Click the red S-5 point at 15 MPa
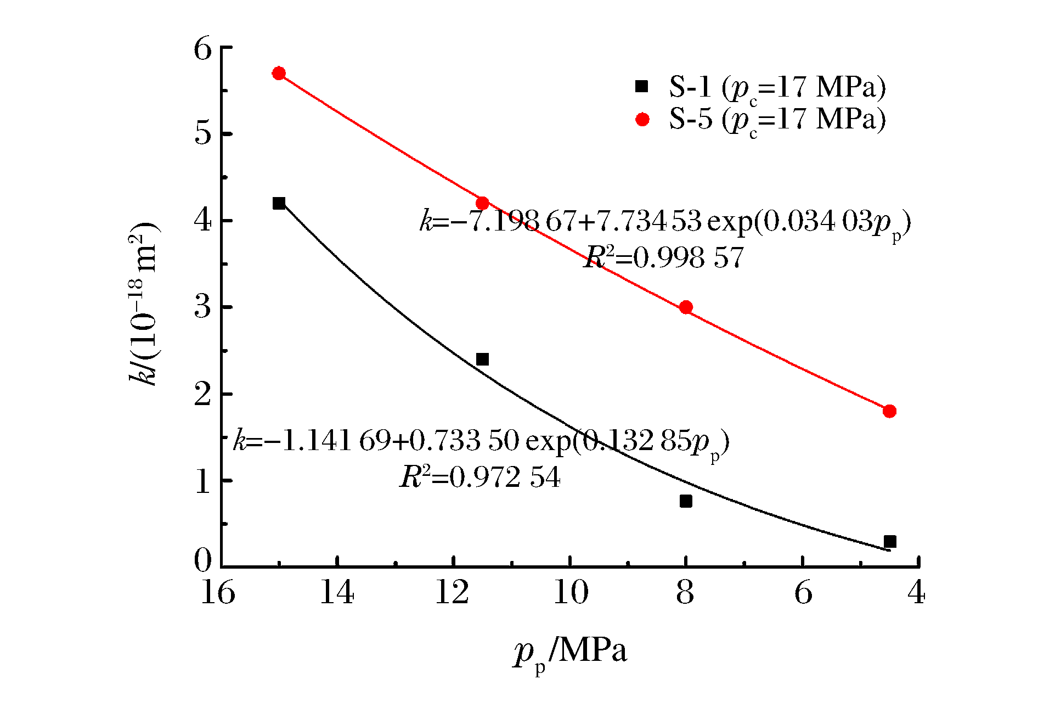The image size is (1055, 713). click(x=279, y=74)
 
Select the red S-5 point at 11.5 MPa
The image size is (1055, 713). click(x=482, y=203)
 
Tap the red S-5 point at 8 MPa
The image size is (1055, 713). click(x=686, y=307)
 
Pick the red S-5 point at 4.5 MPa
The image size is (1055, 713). click(x=889, y=411)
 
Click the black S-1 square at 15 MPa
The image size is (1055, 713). click(x=279, y=203)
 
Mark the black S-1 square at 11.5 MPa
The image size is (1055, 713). click(x=482, y=360)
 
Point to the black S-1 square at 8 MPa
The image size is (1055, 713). click(x=686, y=501)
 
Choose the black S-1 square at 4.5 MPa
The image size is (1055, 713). click(x=889, y=542)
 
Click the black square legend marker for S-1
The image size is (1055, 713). click(x=641, y=86)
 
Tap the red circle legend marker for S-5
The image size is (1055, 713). click(x=642, y=119)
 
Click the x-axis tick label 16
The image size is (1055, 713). click(x=218, y=593)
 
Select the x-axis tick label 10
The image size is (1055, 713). click(x=571, y=593)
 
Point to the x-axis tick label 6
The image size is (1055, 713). click(x=803, y=593)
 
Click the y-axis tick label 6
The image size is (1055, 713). click(x=203, y=49)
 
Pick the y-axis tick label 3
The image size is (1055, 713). click(x=203, y=307)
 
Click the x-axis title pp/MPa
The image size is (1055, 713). click(x=571, y=653)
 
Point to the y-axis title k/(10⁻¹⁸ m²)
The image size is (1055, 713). click(x=144, y=305)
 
